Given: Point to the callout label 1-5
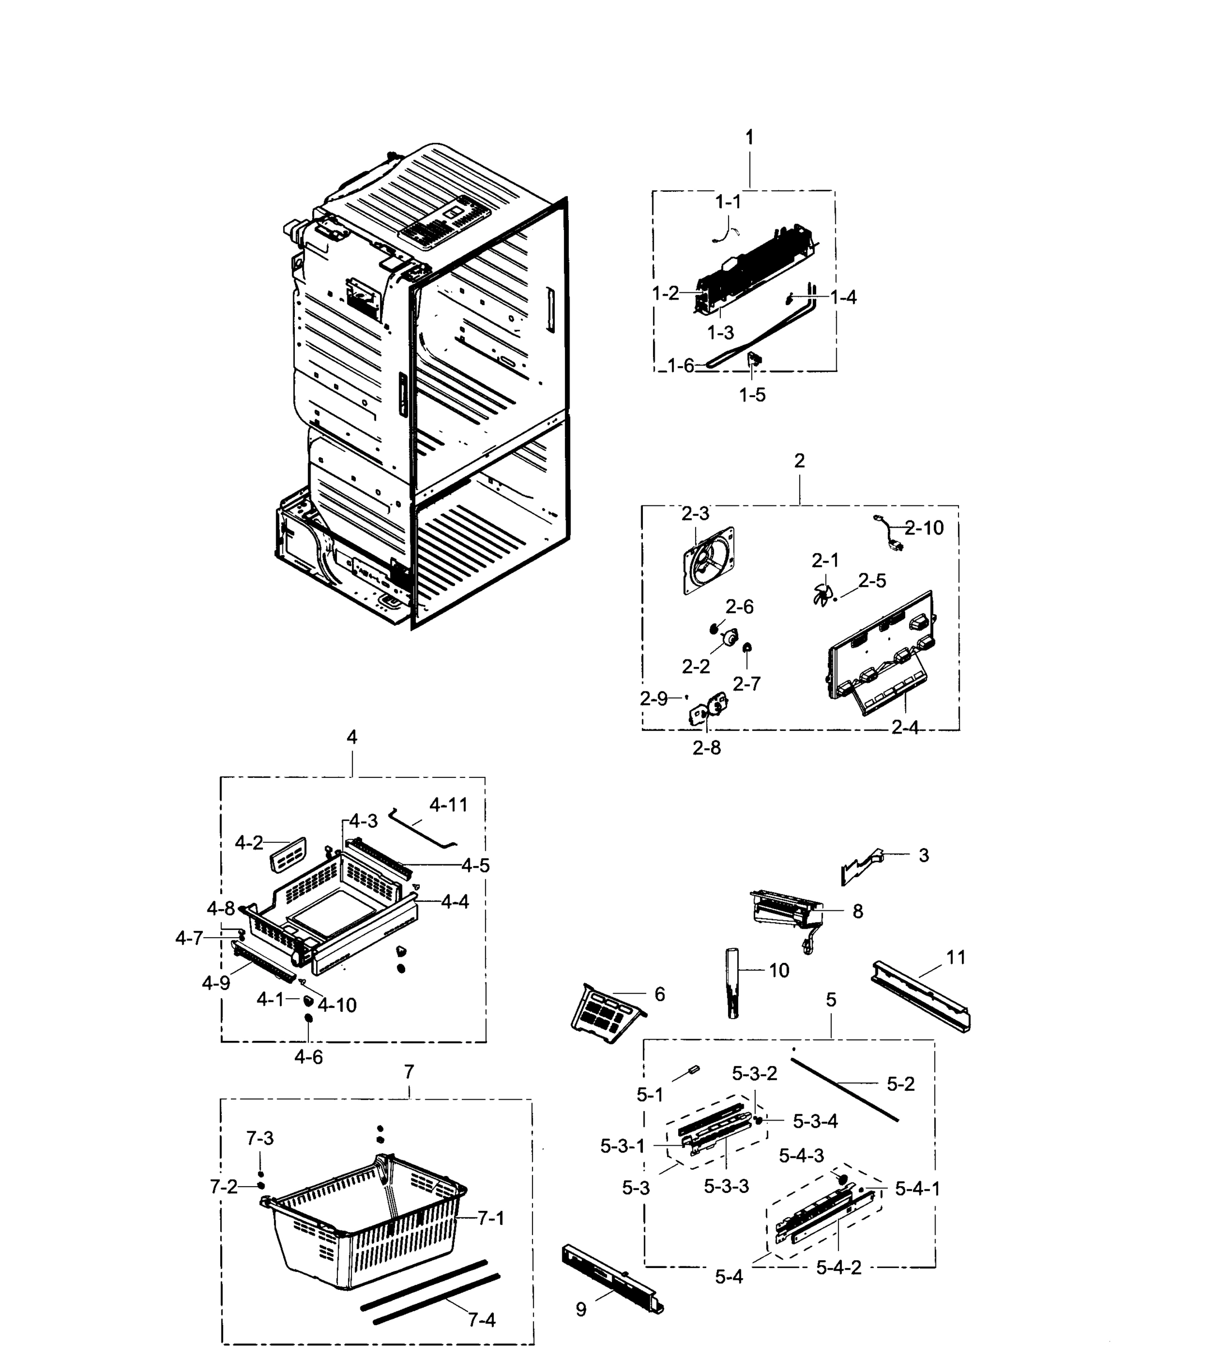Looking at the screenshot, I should [752, 395].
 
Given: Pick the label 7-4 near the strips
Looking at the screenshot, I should [481, 1320].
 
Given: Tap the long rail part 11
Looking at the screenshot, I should [921, 999].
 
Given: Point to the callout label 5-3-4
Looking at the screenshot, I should [815, 1121].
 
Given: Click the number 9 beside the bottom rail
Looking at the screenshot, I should [581, 1310].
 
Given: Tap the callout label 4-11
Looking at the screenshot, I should [448, 805].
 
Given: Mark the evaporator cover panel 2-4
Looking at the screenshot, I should [881, 654].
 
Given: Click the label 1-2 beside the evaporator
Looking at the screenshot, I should [665, 293].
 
